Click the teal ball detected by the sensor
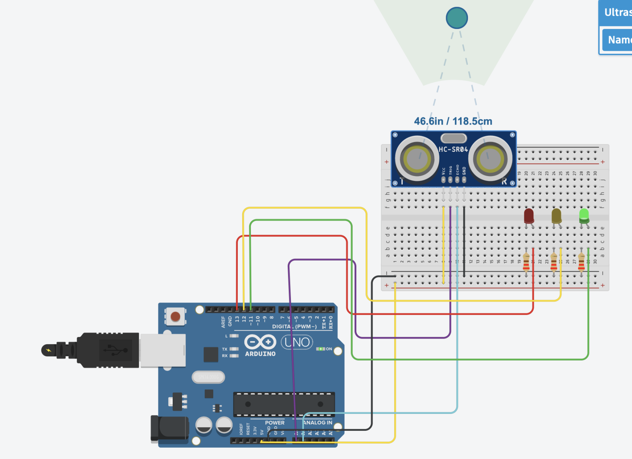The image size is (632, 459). tap(457, 18)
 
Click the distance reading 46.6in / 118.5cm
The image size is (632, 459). tap(453, 121)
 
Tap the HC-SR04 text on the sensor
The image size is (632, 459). tap(453, 149)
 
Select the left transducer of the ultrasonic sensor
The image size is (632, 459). tap(417, 158)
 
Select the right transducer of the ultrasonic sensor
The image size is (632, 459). tap(490, 158)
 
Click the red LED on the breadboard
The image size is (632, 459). tap(529, 216)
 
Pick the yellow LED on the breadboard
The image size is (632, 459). tap(556, 216)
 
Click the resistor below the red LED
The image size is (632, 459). tap(526, 262)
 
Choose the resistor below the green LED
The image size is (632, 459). tap(581, 262)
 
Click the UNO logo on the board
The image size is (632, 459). tap(297, 342)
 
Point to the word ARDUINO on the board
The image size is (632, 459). tap(260, 354)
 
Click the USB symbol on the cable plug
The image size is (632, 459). tap(115, 350)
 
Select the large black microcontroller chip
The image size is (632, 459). tap(284, 404)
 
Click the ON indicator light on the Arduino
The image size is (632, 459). tap(320, 349)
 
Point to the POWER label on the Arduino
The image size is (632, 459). tap(275, 423)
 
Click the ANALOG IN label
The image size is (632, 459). tap(318, 423)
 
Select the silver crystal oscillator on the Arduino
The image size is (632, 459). tap(208, 377)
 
